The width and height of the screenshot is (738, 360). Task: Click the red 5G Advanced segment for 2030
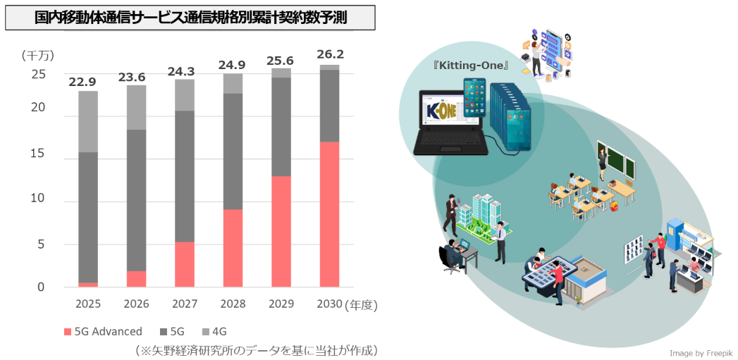(329, 214)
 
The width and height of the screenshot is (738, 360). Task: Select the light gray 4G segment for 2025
(88, 121)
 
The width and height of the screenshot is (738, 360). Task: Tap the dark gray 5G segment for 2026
(136, 200)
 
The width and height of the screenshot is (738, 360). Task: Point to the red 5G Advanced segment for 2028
(233, 248)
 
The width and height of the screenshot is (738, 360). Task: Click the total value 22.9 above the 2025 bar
(82, 82)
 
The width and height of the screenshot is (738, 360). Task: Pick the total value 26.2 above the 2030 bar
(330, 54)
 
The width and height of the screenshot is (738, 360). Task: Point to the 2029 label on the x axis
(281, 304)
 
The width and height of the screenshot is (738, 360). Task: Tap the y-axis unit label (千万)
(37, 55)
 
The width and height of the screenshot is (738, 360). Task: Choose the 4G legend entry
(219, 331)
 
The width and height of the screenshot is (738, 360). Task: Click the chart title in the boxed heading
(190, 18)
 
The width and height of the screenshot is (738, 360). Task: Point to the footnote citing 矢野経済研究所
(257, 349)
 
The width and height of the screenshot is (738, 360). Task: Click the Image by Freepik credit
(701, 352)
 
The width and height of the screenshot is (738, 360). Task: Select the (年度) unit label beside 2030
(362, 304)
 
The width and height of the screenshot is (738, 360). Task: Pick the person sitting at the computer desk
(451, 255)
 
